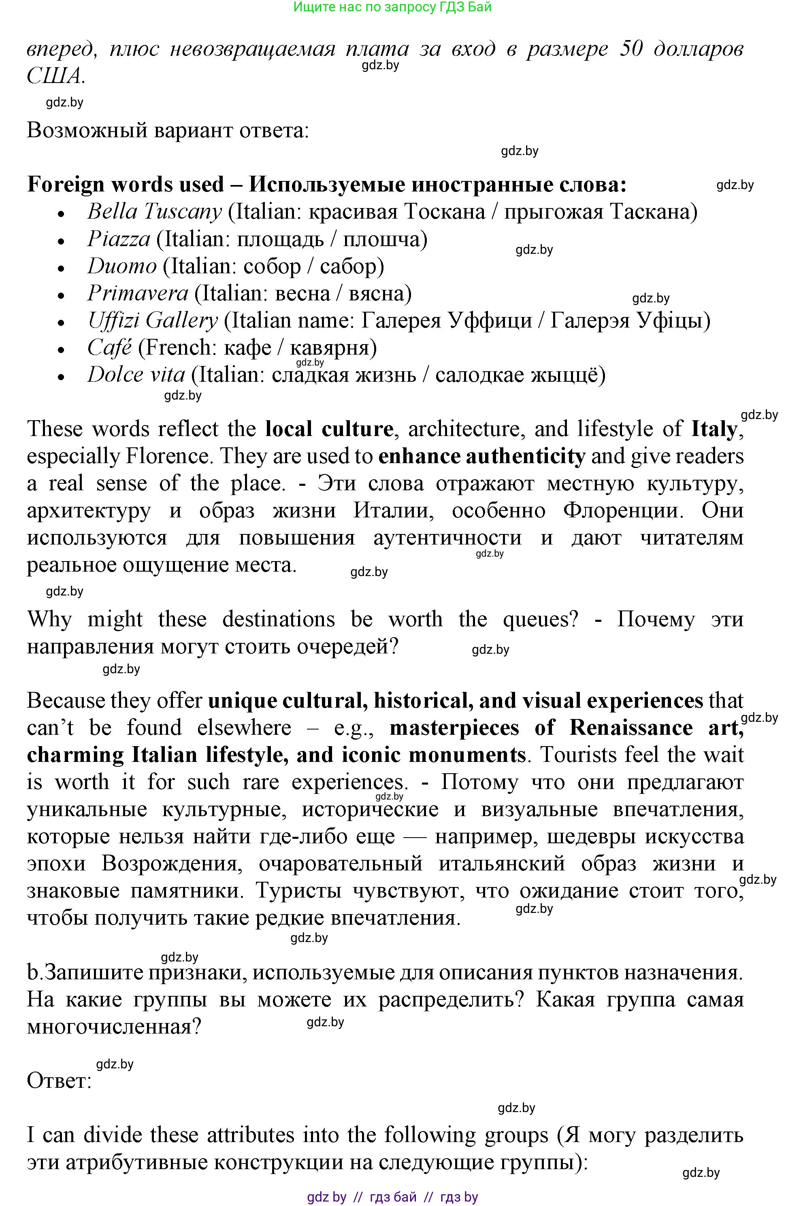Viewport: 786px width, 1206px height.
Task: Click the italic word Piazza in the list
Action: click(x=119, y=239)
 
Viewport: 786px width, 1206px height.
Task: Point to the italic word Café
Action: click(x=109, y=348)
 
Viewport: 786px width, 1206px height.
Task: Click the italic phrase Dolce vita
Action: click(x=136, y=375)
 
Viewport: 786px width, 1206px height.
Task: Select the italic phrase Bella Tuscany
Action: click(x=154, y=212)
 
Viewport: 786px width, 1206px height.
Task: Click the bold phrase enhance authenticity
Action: click(x=481, y=457)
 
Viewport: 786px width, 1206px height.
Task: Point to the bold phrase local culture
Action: click(x=329, y=429)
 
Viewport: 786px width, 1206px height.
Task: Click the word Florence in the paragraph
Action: click(x=167, y=457)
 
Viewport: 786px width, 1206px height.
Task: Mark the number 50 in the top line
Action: click(x=631, y=49)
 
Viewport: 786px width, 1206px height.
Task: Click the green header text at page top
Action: click(x=392, y=7)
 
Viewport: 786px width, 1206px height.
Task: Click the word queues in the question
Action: click(x=539, y=620)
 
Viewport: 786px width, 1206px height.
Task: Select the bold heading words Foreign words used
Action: click(x=125, y=185)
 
